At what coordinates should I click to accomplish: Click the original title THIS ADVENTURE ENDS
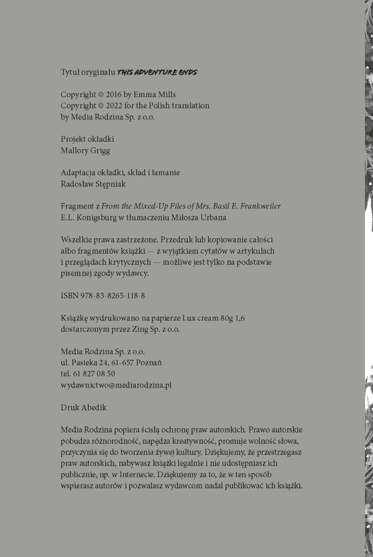[x=157, y=72]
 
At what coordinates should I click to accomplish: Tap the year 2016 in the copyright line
[x=112, y=95]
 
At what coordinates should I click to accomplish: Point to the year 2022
[x=112, y=106]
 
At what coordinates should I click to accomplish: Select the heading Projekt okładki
[x=87, y=140]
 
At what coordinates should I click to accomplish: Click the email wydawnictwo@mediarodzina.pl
[x=116, y=385]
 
